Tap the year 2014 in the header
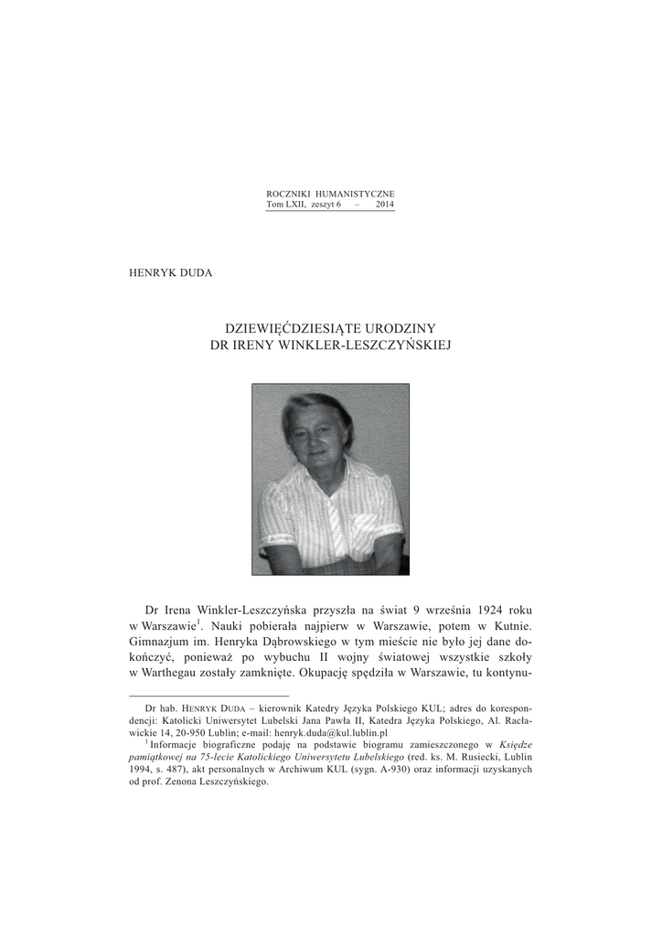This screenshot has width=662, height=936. coord(385,207)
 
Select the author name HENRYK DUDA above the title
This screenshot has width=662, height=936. coord(172,272)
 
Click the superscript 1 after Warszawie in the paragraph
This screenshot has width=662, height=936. coord(199,622)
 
